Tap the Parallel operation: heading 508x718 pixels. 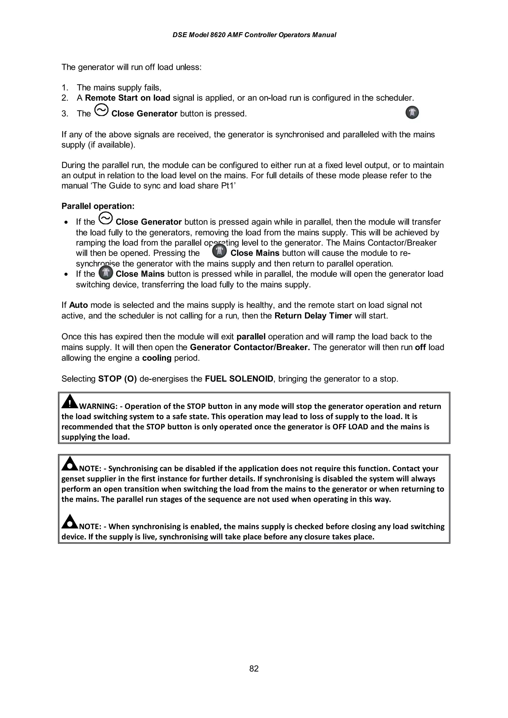click(98, 206)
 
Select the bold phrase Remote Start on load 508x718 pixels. click(127, 98)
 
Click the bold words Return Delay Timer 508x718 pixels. click(313, 316)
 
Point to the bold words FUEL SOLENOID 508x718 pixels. click(239, 379)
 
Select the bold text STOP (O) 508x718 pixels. click(117, 379)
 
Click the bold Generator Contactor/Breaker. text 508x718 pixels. click(250, 347)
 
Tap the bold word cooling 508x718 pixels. click(157, 358)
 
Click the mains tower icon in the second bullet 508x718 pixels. click(106, 273)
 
